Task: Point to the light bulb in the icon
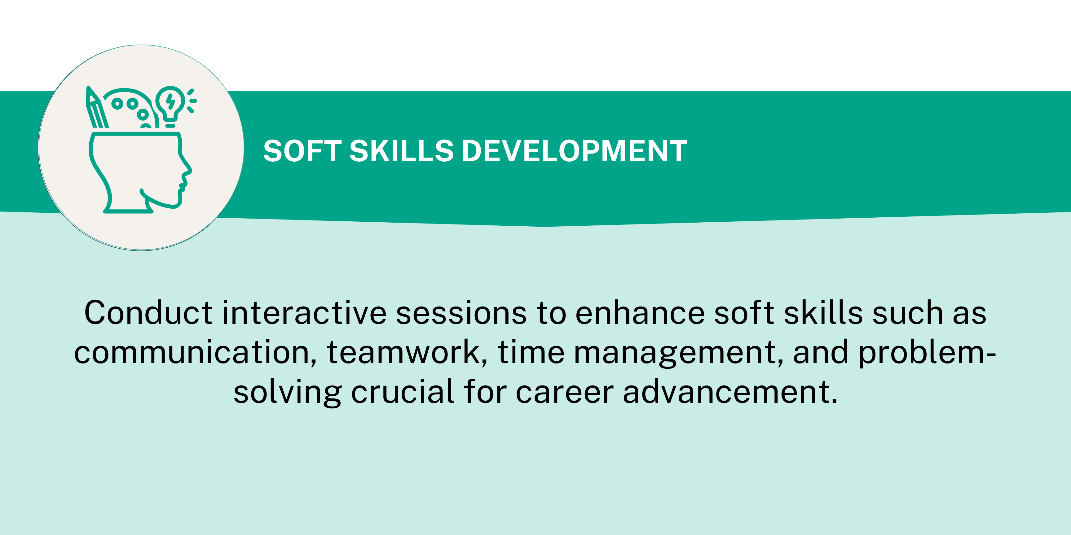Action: pos(170,106)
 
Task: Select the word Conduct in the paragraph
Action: pos(148,312)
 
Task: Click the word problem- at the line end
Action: pos(927,353)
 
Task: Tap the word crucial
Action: pos(403,391)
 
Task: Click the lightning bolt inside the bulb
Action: pos(170,101)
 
